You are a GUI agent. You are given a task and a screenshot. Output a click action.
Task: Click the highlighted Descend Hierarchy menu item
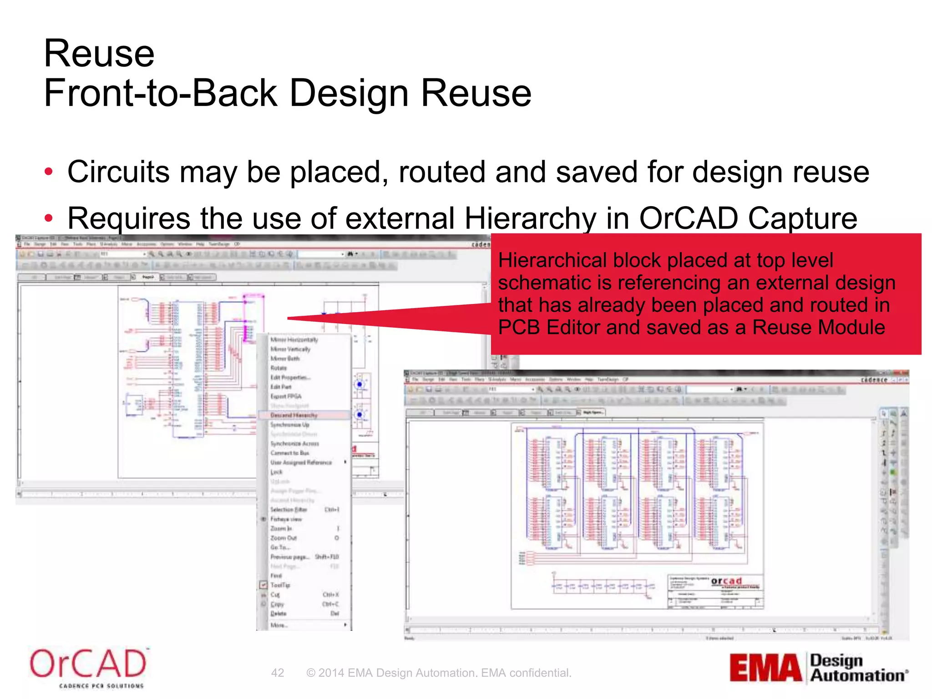coord(294,415)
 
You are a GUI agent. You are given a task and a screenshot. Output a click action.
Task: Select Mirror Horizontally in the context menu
coord(294,339)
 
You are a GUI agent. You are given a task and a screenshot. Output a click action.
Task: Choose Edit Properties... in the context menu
coord(290,377)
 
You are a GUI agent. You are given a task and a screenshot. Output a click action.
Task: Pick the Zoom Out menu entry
coord(284,538)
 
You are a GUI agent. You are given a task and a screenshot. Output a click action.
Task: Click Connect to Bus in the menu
coord(290,453)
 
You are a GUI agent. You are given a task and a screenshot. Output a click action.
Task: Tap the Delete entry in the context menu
coord(279,613)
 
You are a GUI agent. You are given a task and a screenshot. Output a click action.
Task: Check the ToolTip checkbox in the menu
coord(263,585)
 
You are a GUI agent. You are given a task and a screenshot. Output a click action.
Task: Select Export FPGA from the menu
coord(286,396)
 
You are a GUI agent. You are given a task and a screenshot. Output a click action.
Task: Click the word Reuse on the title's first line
coord(99,54)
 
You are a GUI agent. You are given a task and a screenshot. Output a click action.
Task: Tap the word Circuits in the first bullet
coord(118,172)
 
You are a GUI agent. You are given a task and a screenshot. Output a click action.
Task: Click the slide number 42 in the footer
coord(278,673)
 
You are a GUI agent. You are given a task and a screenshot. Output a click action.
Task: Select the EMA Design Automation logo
coord(818,668)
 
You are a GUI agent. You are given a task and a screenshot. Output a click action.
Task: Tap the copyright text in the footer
coord(439,673)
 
